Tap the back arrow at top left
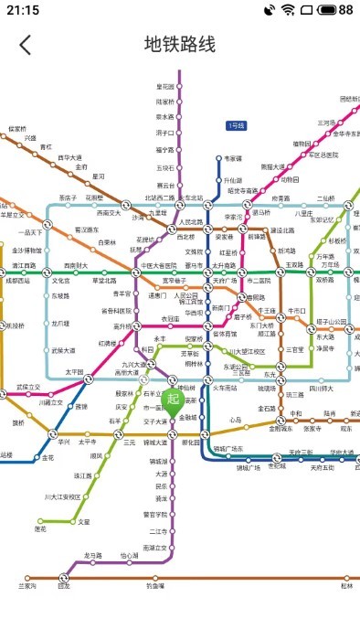[x=26, y=45]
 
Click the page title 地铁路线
[x=180, y=45]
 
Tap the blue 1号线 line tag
[x=236, y=125]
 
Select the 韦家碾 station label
[x=234, y=158]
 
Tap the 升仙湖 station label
[x=234, y=180]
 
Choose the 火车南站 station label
[x=225, y=388]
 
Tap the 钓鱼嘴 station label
[x=155, y=586]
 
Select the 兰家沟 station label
[x=27, y=586]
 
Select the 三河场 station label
[x=326, y=122]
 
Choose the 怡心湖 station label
[x=130, y=555]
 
